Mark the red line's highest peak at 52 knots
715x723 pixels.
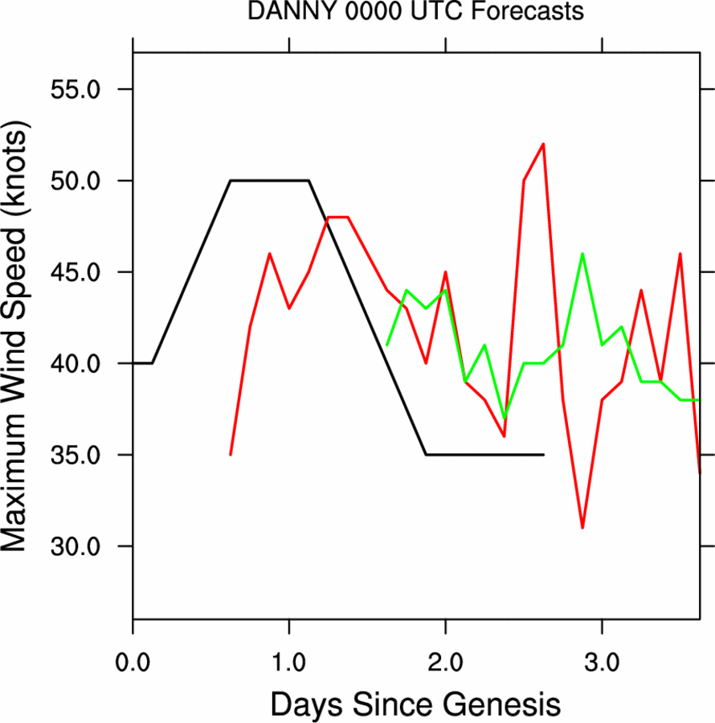pyautogui.click(x=544, y=145)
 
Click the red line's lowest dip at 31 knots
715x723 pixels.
pyautogui.click(x=582, y=528)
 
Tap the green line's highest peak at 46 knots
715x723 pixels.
pyautogui.click(x=582, y=254)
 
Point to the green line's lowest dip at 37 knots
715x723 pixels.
pyautogui.click(x=505, y=419)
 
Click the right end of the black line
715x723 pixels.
pyautogui.click(x=544, y=455)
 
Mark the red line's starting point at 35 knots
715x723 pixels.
pyautogui.click(x=231, y=455)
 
